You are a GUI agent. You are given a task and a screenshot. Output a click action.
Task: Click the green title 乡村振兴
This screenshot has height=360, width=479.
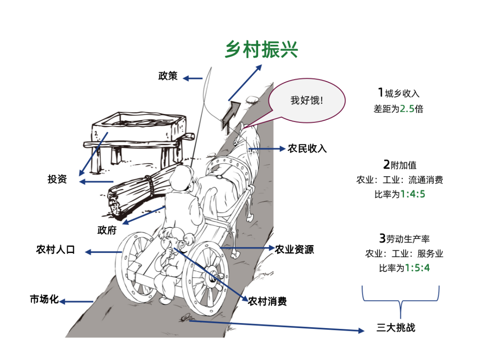click(261, 49)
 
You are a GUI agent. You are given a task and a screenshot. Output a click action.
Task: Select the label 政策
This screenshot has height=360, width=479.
click(168, 76)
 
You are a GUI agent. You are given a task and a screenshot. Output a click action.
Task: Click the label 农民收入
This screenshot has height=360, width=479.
click(307, 149)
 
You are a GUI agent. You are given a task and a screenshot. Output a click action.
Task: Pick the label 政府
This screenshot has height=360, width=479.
click(107, 230)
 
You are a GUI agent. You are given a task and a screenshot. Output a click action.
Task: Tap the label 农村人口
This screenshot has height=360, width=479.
click(55, 250)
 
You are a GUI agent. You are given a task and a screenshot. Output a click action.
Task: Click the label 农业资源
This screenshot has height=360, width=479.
click(294, 249)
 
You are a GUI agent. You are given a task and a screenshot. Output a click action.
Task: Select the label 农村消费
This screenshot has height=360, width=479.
click(267, 301)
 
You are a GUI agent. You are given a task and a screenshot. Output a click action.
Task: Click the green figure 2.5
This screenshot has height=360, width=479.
click(407, 109)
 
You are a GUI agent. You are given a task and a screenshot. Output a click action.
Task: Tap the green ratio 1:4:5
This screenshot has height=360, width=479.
click(412, 194)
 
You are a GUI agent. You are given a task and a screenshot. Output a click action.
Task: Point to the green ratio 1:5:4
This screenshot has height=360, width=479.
click(417, 268)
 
